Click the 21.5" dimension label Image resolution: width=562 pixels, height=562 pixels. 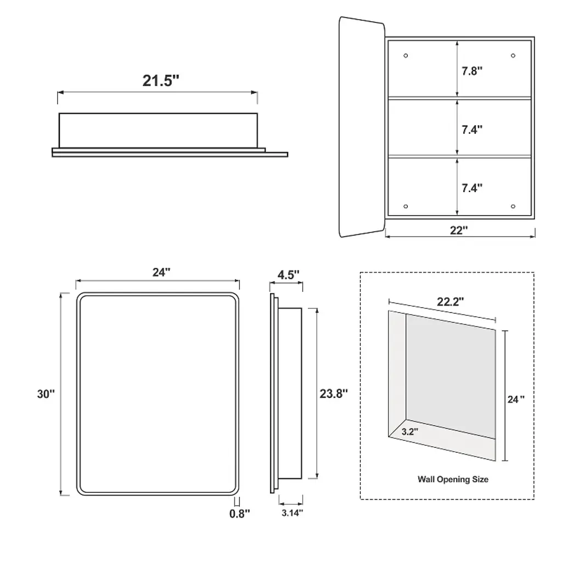(x=161, y=81)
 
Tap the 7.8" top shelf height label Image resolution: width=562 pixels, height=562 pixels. (x=471, y=71)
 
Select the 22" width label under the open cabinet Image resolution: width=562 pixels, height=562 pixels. (x=459, y=230)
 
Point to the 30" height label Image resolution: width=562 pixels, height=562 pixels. (x=46, y=394)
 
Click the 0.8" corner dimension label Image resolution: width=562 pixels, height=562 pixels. (x=239, y=514)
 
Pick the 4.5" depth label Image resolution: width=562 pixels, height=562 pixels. (x=288, y=275)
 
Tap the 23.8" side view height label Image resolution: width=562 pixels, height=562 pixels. (x=334, y=394)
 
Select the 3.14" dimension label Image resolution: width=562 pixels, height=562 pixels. (x=292, y=513)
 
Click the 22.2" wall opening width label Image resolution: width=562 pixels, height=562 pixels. (x=450, y=302)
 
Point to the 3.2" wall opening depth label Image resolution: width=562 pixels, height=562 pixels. (x=409, y=431)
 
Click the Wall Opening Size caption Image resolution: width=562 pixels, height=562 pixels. (x=453, y=479)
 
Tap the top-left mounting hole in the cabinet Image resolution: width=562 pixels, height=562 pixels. (x=406, y=55)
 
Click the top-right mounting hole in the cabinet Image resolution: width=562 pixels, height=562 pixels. (x=513, y=55)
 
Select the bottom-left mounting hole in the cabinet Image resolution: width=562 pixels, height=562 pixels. (x=406, y=206)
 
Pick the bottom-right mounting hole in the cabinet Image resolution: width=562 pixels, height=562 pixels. (x=513, y=206)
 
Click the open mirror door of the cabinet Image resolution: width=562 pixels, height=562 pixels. (x=362, y=127)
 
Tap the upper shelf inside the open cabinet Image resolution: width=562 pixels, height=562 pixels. (x=459, y=98)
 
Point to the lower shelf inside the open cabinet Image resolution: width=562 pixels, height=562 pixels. (x=459, y=156)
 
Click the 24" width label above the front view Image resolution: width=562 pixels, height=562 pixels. (x=161, y=272)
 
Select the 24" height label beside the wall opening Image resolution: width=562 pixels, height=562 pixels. (x=516, y=400)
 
